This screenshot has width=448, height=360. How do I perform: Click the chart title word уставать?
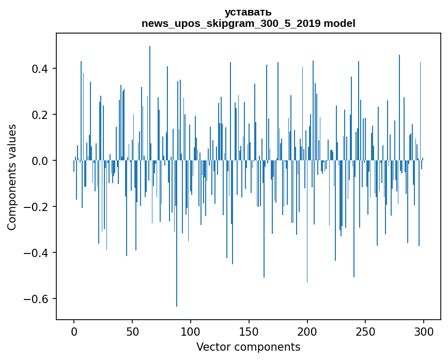point(248,12)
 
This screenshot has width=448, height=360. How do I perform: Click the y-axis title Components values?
point(12,177)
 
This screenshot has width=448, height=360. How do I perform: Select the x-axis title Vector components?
point(248,347)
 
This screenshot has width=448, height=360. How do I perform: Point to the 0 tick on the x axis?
point(74,331)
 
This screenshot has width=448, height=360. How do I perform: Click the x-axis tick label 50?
point(132,331)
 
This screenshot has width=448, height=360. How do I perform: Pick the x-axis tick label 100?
point(191,331)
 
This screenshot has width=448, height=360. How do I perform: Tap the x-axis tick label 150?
point(249,331)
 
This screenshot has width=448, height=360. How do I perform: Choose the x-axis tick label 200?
point(307,331)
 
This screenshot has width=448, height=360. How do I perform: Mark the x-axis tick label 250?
point(366,331)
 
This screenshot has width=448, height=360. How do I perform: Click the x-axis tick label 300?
point(424,331)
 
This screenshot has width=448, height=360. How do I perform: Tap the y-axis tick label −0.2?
point(37,207)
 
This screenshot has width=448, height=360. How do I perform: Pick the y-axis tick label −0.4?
point(37,253)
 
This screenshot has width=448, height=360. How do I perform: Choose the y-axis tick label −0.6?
point(37,299)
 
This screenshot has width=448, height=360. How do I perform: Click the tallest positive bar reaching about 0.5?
point(150,103)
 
